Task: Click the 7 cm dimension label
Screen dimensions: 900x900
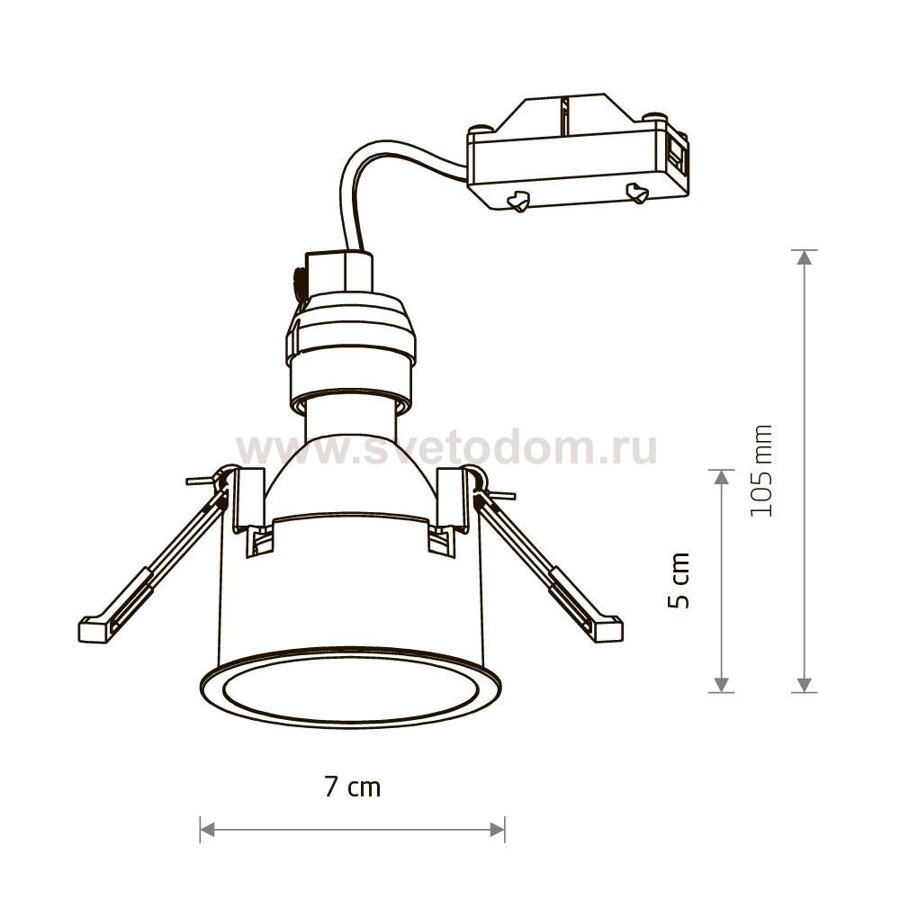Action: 353,787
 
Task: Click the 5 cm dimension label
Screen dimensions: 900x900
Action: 679,580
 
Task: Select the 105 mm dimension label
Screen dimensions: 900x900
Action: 761,471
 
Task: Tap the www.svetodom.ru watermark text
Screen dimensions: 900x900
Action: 446,447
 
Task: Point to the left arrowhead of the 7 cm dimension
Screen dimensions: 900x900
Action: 207,829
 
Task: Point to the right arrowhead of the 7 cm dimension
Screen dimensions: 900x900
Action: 497,829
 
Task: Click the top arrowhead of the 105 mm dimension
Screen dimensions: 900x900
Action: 805,257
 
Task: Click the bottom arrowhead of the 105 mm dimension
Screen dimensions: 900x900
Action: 805,685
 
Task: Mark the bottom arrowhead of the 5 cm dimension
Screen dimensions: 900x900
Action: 722,685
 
